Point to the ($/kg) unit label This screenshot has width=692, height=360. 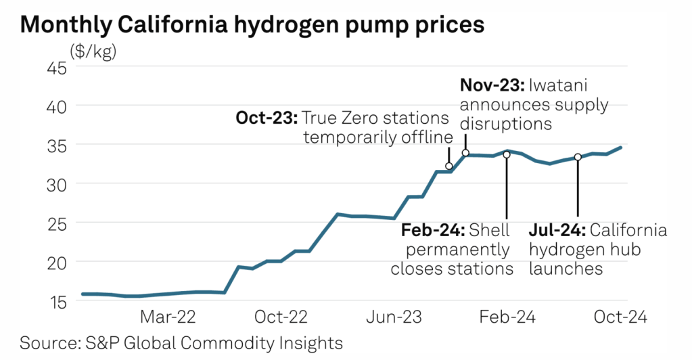tap(93, 51)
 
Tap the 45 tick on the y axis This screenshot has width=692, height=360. tap(56, 68)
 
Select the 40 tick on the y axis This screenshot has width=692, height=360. tap(56, 106)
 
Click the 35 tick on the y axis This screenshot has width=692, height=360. tap(56, 145)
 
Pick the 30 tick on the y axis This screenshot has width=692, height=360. tap(56, 184)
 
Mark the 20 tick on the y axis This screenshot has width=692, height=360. tap(56, 262)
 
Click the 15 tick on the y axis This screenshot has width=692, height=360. tap(56, 301)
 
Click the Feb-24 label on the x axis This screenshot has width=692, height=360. tap(507, 317)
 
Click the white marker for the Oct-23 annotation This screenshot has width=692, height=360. tap(449, 166)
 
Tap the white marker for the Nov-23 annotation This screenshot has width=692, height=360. tap(465, 153)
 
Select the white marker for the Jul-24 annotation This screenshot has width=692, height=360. tap(578, 157)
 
